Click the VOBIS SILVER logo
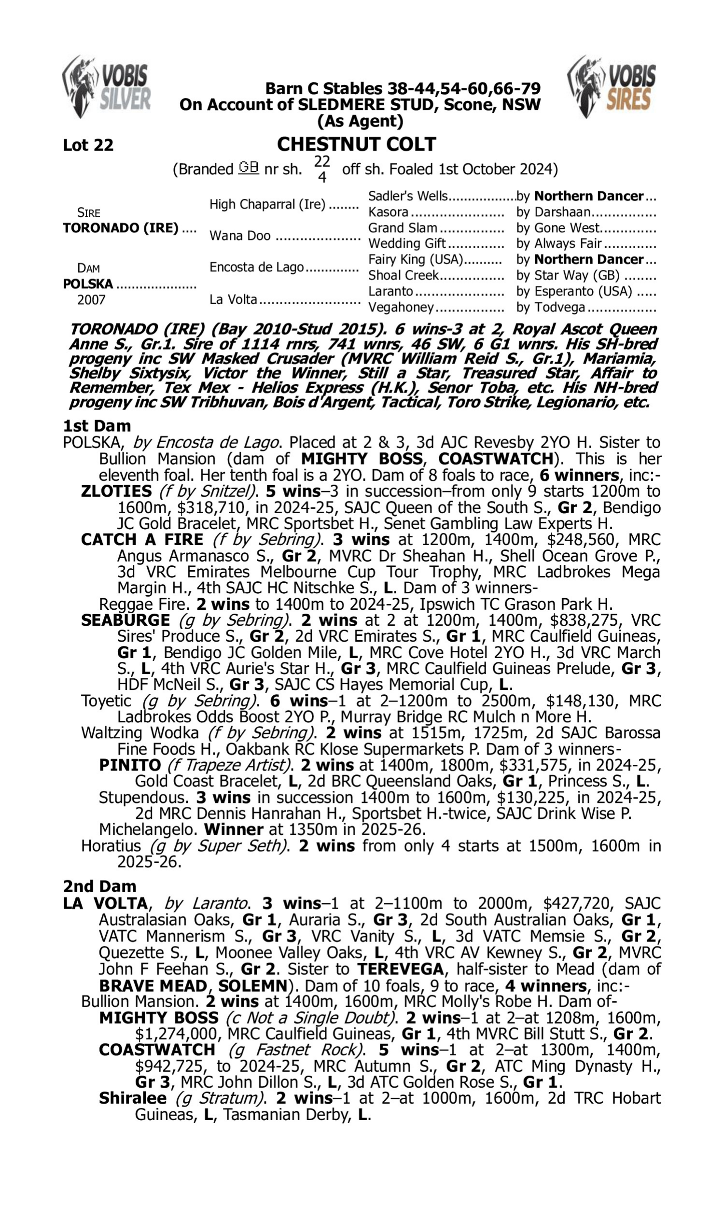pos(106,87)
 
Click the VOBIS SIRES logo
pos(612,87)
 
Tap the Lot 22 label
pos(88,145)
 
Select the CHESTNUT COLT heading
pos(356,144)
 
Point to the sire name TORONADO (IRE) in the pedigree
pos(121,228)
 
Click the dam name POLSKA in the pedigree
pos(88,283)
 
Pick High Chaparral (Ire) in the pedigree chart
pos(267,204)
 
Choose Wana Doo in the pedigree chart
pos(239,236)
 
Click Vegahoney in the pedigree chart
pos(401,307)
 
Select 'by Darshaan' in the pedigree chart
pos(553,212)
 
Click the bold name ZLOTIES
pos(116,491)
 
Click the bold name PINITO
pos(130,764)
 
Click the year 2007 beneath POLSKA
pos(91,299)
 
